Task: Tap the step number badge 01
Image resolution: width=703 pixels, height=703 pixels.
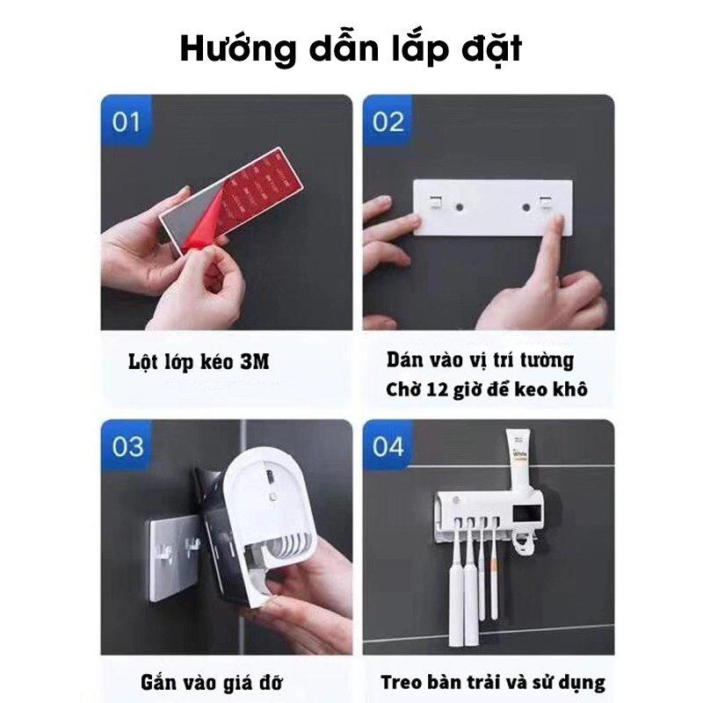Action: point(127,120)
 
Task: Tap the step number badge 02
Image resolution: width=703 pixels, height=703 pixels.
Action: point(388,120)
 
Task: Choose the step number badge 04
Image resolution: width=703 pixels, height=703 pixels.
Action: point(388,446)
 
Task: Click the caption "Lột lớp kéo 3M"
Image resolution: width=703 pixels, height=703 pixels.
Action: point(197,361)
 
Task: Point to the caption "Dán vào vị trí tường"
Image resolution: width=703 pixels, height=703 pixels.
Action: point(480,359)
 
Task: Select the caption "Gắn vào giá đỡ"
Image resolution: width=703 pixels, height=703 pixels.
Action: point(211,683)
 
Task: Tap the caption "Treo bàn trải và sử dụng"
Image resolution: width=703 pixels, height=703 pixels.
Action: point(493,682)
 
